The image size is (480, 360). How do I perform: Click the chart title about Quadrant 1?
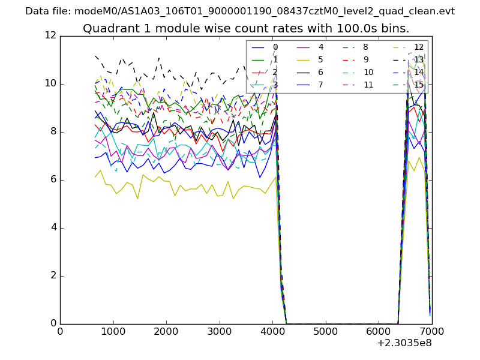coord(246,28)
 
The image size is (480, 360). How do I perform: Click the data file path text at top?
coord(240,11)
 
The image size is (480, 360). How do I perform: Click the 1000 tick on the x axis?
coord(113,331)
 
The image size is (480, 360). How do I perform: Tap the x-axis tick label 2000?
coord(166,331)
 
